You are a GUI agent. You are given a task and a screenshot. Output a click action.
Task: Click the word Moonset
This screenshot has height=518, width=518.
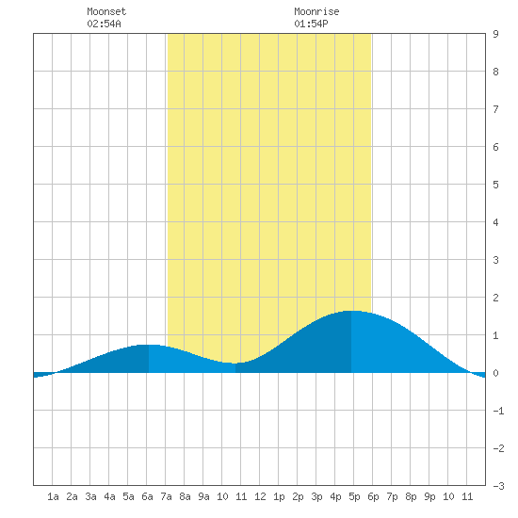(106, 11)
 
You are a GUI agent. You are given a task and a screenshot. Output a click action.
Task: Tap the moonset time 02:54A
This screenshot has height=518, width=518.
(104, 24)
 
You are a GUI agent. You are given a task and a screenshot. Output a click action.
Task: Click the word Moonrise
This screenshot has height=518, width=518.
(316, 11)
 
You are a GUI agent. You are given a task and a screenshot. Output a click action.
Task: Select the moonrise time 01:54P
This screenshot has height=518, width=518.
(311, 24)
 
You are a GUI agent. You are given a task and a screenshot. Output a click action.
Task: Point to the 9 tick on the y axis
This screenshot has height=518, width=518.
(495, 34)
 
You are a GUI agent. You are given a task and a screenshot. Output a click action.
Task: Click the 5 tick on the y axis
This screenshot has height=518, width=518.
(495, 185)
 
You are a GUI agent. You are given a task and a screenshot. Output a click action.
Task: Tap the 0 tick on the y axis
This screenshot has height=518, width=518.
(495, 373)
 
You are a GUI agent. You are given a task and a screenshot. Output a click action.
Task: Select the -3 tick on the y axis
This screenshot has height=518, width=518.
(498, 486)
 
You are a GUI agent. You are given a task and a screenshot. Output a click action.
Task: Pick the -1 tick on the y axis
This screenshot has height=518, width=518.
(498, 411)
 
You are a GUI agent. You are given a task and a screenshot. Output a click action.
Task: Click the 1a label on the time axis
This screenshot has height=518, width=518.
(53, 496)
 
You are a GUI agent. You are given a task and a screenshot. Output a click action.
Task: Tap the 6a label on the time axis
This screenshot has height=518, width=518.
(147, 496)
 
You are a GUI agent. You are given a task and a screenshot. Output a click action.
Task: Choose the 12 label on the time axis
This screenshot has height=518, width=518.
(260, 496)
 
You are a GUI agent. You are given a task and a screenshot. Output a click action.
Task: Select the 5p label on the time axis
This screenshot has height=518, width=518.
(354, 496)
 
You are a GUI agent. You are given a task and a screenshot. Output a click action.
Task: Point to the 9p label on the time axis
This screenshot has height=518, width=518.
(429, 496)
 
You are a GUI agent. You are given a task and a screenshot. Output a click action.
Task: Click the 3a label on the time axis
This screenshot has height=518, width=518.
(90, 496)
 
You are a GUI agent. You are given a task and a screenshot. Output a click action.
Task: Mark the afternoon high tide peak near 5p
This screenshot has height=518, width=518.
(351, 311)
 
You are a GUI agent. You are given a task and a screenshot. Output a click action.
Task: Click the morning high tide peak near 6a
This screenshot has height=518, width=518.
(149, 345)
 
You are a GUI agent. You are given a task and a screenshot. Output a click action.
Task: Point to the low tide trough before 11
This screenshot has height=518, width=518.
(235, 364)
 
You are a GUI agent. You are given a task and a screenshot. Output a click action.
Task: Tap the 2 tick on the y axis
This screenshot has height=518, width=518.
(495, 298)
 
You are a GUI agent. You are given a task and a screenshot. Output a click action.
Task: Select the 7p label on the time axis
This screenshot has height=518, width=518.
(392, 496)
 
